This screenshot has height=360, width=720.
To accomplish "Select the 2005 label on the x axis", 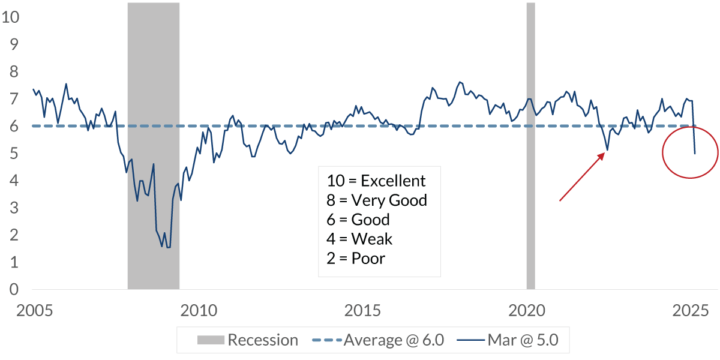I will (x=35, y=311).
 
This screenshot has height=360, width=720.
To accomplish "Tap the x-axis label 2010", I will (x=199, y=311).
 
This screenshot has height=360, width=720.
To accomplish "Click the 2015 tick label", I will (x=362, y=311).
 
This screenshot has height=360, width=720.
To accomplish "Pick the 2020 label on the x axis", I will (x=526, y=311).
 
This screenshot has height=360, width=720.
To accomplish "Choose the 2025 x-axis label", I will (x=690, y=311).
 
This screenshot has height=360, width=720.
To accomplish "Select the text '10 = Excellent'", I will (x=376, y=181).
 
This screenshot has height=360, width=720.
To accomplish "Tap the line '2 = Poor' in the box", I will (x=356, y=259).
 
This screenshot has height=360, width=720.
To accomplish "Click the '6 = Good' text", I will (x=358, y=220).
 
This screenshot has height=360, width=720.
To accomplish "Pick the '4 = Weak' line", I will (x=359, y=239).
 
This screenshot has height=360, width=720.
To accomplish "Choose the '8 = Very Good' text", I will (x=377, y=200).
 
